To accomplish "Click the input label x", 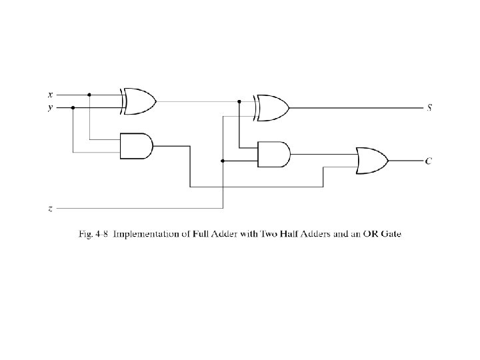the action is coord(51,95).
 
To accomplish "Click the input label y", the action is coord(50,108).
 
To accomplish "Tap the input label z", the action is coord(50,209).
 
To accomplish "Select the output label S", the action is coord(429,107).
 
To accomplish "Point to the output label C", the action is coord(429,161).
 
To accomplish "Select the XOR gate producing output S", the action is coord(271,108).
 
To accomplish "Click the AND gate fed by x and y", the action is coord(137,146).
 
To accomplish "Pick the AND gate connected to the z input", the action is coord(274,154).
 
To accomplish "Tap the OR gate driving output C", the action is coord(372,161).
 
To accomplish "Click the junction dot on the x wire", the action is coord(89,95).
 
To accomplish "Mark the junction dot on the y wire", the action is coord(73,108).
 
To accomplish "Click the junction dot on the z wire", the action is coord(223,161).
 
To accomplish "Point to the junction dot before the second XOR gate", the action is coord(239,101).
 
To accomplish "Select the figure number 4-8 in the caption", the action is coord(101,234).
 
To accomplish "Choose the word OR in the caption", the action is coord(371,234).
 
